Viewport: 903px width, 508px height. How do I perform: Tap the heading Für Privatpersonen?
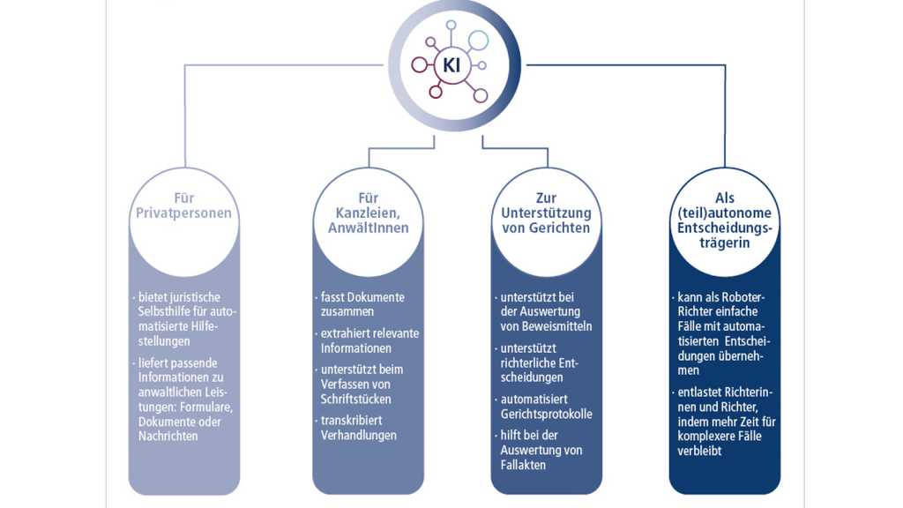pyautogui.click(x=183, y=206)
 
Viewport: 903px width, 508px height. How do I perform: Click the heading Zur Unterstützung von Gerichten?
pyautogui.click(x=546, y=213)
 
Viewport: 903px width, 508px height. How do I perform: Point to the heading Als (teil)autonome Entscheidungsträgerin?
pyautogui.click(x=724, y=220)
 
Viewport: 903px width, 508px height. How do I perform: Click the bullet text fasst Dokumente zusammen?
pyautogui.click(x=362, y=304)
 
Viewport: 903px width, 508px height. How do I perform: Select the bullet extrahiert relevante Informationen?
pyautogui.click(x=368, y=340)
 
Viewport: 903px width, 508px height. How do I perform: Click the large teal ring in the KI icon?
pyautogui.click(x=478, y=40)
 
